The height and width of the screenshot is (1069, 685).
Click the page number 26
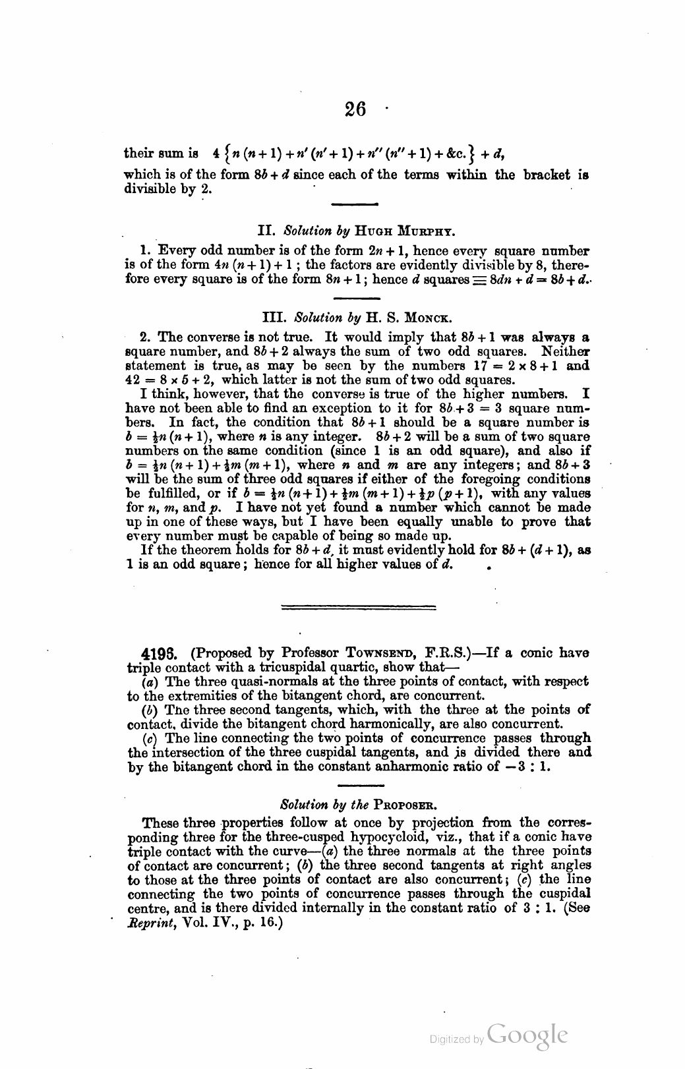click(x=355, y=109)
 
